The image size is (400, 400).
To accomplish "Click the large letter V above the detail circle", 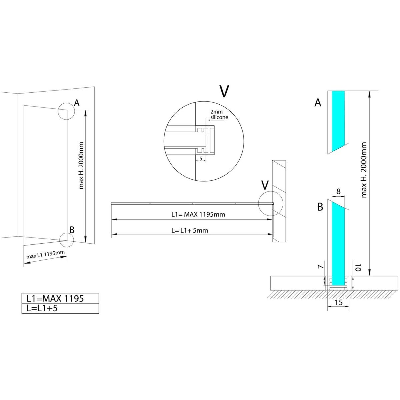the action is click(x=224, y=91).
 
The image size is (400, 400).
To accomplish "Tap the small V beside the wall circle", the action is click(x=265, y=185).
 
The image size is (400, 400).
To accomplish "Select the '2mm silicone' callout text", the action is click(x=219, y=115).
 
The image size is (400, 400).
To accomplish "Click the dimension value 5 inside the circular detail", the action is click(x=201, y=159).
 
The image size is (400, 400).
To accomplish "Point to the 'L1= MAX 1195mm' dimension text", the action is click(x=198, y=214).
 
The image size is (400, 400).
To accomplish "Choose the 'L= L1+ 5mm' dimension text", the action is click(x=190, y=230).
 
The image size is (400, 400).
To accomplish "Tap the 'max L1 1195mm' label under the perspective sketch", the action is click(x=45, y=254).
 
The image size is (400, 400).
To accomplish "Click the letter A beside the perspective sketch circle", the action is click(x=77, y=103).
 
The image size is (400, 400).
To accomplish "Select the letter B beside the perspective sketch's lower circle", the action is click(x=72, y=230).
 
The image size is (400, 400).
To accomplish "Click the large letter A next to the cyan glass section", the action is click(x=318, y=103).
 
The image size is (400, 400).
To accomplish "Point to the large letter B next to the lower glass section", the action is click(x=320, y=207).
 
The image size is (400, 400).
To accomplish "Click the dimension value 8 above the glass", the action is click(x=338, y=191).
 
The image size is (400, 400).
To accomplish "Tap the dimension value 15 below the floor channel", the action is click(x=339, y=302).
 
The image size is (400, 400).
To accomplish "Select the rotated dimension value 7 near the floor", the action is click(x=321, y=267).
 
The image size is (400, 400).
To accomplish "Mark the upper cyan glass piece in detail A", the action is click(x=338, y=120).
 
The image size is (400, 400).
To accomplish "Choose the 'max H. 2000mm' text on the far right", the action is click(x=364, y=170).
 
